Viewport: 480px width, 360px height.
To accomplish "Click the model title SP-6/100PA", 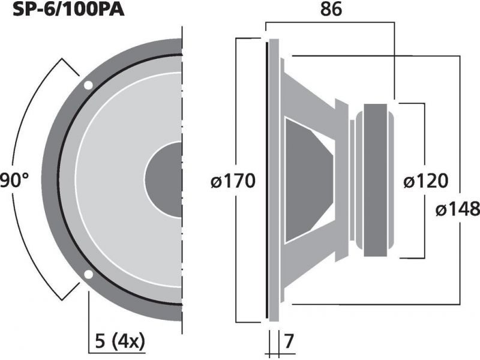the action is pos(68,9).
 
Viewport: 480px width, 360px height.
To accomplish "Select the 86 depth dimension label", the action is pos(331,9).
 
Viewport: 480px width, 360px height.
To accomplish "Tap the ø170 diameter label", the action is pos(233,181).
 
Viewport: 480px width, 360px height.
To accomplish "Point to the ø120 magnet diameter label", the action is pos(426,181).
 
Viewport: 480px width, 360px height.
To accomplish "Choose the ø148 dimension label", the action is pos(458,209).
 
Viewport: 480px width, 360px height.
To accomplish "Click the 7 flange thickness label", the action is pos(289,341).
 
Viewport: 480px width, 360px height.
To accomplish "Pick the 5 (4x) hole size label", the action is pos(119,341).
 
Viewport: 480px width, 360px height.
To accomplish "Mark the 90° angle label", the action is pos(14,180).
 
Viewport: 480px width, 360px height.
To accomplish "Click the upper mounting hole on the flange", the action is pos(88,85).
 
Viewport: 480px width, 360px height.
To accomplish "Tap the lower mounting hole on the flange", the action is pos(88,275).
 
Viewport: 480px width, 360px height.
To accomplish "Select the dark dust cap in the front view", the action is pos(163,179).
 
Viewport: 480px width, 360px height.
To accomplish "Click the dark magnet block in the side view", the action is pos(376,180).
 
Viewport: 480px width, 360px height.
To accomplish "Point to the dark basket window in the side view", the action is pos(308,180).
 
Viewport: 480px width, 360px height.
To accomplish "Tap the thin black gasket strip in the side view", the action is pos(267,180).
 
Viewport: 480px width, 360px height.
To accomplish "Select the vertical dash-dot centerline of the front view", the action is pos(182,180).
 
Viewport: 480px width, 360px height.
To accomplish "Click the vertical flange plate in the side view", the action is pos(274,180).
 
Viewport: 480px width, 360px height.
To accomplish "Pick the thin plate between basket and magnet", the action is pos(352,180).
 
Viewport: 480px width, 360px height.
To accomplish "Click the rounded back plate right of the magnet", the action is pos(391,180).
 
